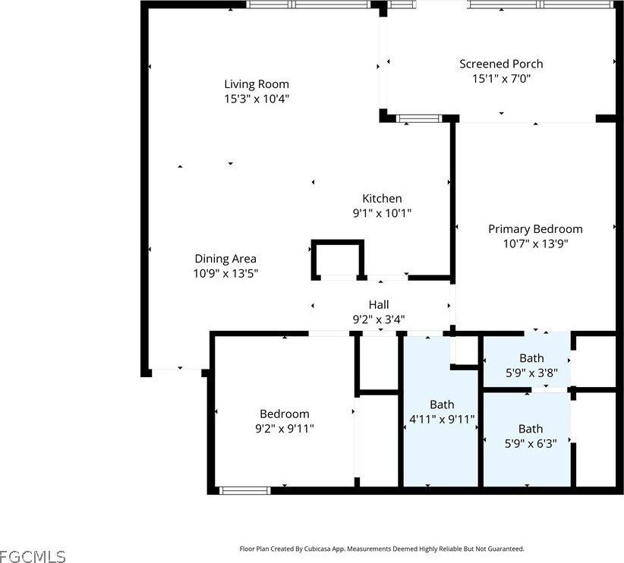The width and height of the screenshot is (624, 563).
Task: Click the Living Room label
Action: [257, 84]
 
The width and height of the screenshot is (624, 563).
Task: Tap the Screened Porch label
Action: [501, 64]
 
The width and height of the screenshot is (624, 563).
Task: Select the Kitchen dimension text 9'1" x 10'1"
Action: [382, 213]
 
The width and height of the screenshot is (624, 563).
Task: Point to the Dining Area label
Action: [225, 259]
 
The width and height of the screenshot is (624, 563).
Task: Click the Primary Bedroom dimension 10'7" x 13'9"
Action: [535, 244]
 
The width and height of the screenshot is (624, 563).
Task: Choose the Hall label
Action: [379, 305]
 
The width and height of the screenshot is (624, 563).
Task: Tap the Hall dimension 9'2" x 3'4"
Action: [379, 319]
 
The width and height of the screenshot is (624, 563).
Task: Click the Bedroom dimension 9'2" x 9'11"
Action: [285, 429]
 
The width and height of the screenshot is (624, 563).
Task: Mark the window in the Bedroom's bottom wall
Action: [244, 490]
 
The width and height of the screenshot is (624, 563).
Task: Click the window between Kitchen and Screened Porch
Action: [419, 118]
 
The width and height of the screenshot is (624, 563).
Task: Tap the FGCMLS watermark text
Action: [33, 556]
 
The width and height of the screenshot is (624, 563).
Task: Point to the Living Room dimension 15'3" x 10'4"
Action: [257, 99]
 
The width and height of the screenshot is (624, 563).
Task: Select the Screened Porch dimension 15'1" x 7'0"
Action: [502, 78]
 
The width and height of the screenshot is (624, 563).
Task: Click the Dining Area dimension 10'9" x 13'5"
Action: [225, 273]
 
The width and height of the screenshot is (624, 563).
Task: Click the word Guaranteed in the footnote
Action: [506, 549]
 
